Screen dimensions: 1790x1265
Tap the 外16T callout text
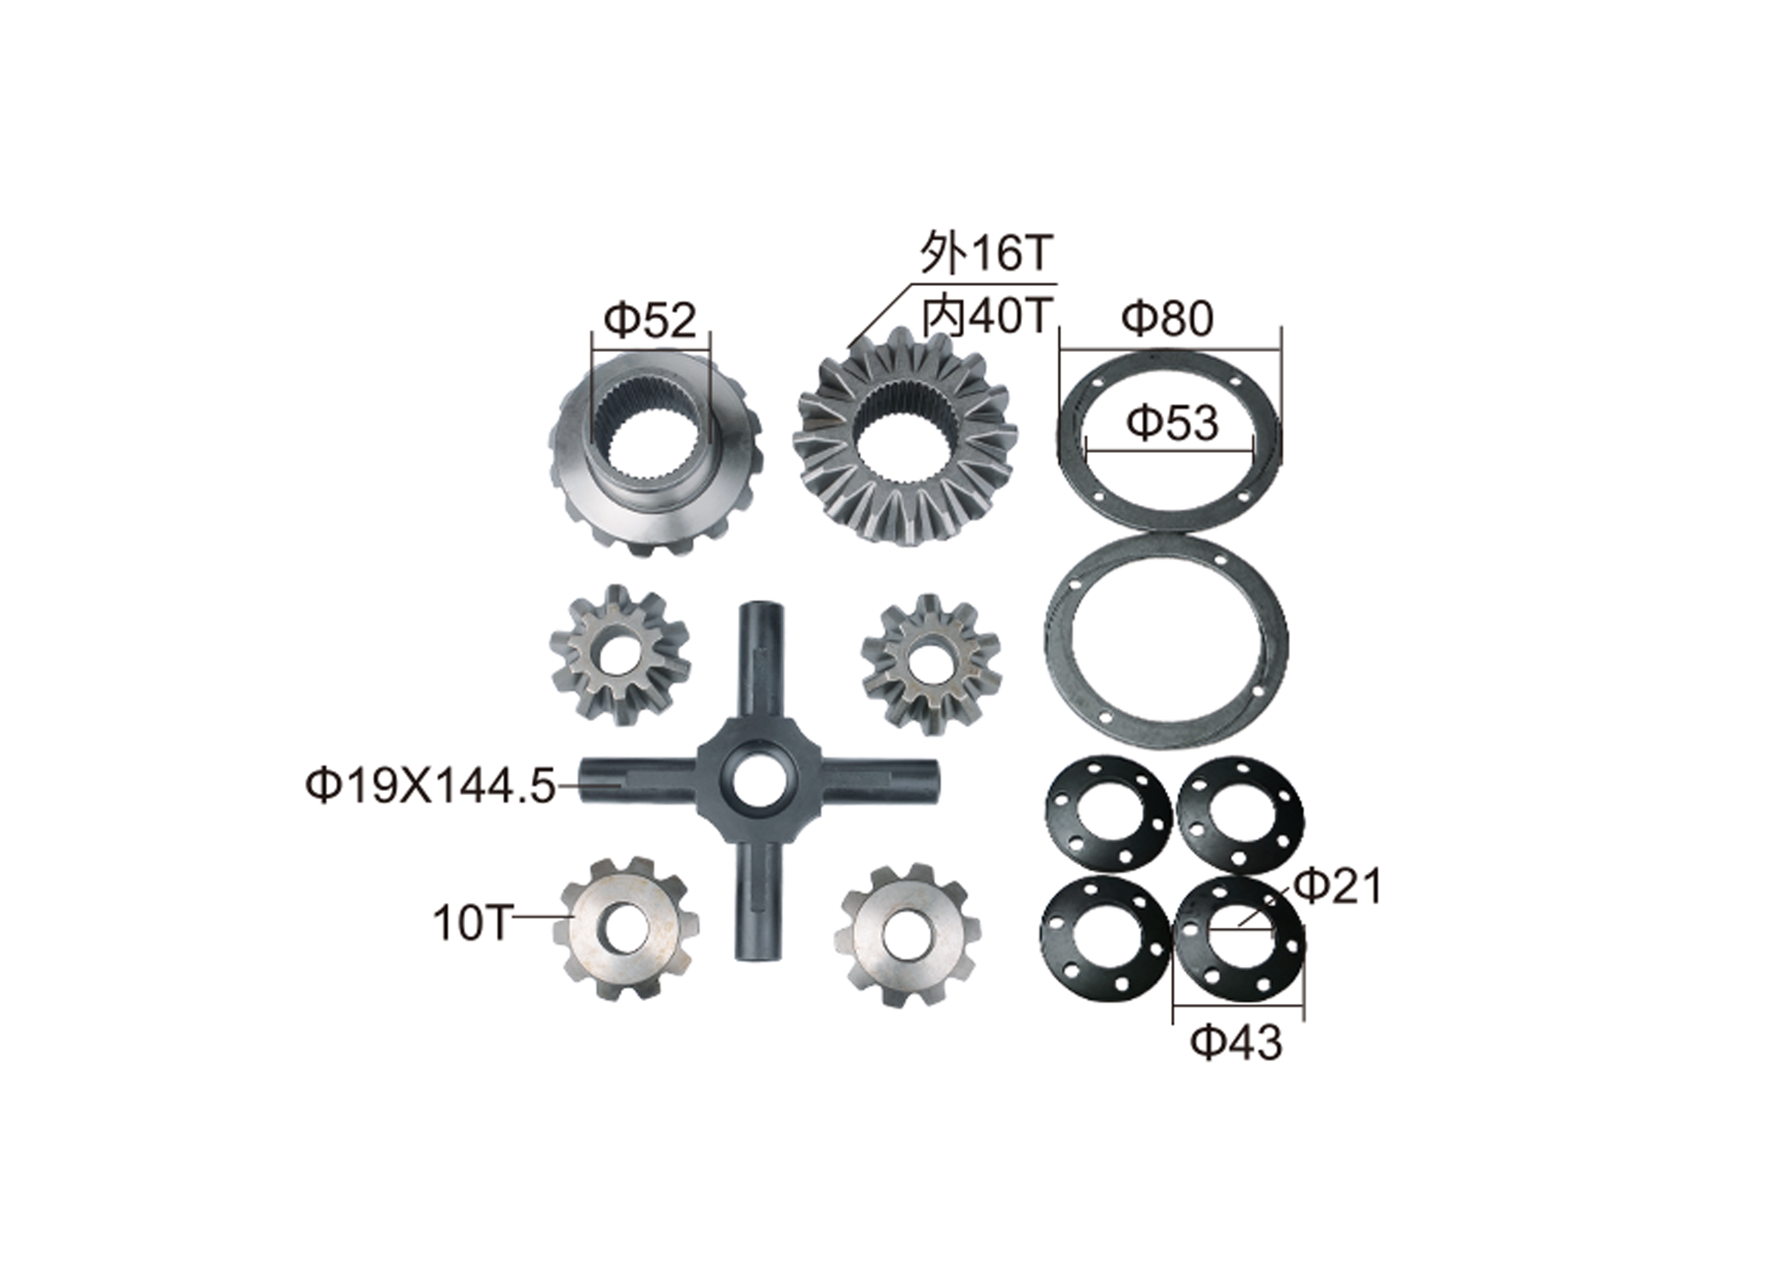987,254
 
